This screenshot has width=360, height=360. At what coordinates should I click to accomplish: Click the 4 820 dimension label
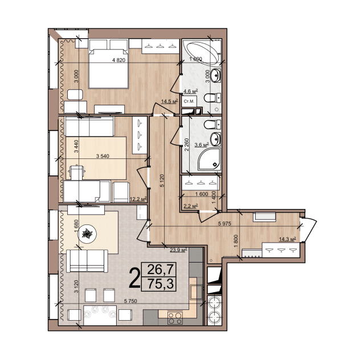pyautogui.click(x=118, y=60)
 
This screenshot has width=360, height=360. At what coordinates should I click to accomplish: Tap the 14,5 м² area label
pyautogui.click(x=170, y=101)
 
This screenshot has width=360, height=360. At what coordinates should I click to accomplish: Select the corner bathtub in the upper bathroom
pyautogui.click(x=204, y=53)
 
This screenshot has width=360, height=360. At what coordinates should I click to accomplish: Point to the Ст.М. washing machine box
pyautogui.click(x=189, y=101)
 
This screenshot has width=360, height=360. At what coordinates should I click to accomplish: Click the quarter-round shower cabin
pyautogui.click(x=210, y=159)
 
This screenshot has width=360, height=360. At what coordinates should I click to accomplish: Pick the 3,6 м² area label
pyautogui.click(x=202, y=145)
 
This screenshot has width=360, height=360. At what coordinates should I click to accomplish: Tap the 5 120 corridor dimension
pyautogui.click(x=162, y=181)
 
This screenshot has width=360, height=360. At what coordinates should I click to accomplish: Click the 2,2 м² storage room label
pyautogui.click(x=191, y=206)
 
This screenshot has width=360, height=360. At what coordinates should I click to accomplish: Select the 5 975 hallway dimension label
pyautogui.click(x=224, y=223)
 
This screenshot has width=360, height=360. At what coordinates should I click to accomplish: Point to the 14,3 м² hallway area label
pyautogui.click(x=287, y=239)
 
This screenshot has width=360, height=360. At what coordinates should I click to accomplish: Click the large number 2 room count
pyautogui.click(x=134, y=278)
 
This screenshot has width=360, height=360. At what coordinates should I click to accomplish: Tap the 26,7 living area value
pyautogui.click(x=160, y=269)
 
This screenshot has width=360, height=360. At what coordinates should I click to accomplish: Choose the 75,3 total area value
pyautogui.click(x=160, y=284)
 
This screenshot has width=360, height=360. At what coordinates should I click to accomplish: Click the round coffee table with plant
pyautogui.click(x=87, y=234)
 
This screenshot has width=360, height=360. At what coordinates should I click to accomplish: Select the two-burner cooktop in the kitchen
pyautogui.click(x=175, y=318)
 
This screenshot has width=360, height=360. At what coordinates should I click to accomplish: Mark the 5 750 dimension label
pyautogui.click(x=130, y=301)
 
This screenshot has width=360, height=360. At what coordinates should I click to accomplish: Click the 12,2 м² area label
pyautogui.click(x=138, y=199)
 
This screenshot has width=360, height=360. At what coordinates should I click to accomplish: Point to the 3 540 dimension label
pyautogui.click(x=103, y=156)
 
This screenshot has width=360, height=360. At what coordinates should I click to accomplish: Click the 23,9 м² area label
pyautogui.click(x=178, y=249)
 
